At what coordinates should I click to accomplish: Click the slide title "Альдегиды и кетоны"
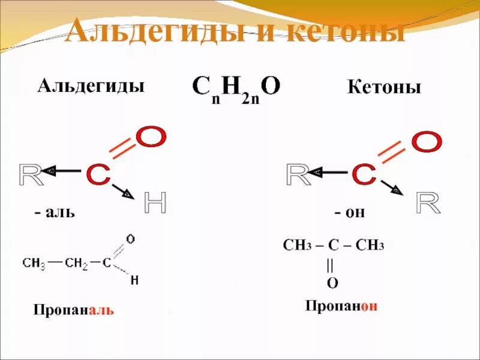tap(235, 31)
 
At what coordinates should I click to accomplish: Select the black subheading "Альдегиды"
tap(91, 86)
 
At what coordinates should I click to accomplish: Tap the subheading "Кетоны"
tap(384, 88)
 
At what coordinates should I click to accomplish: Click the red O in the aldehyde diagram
tap(150, 137)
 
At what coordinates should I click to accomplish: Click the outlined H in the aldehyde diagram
tap(155, 205)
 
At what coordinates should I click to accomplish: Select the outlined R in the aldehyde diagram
tap(31, 174)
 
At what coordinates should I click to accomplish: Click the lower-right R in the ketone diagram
tap(428, 204)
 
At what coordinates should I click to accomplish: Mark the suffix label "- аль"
tap(55, 212)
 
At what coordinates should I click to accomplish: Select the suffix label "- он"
tap(350, 212)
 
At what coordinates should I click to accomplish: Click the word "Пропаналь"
tap(73, 310)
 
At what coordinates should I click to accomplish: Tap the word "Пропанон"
tap(341, 306)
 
